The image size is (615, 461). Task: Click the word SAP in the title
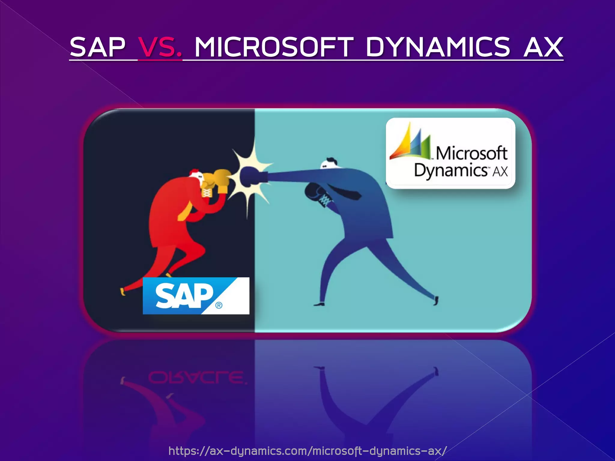pyautogui.click(x=97, y=47)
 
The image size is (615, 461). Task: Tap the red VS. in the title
pyautogui.click(x=160, y=47)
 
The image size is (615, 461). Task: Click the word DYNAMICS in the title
pyautogui.click(x=438, y=47)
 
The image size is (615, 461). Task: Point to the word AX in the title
pyautogui.click(x=543, y=47)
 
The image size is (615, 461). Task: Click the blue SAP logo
pyautogui.click(x=196, y=296)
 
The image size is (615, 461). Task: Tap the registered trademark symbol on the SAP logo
pyautogui.click(x=219, y=306)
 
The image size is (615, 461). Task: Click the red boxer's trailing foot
pyautogui.click(x=123, y=291)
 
